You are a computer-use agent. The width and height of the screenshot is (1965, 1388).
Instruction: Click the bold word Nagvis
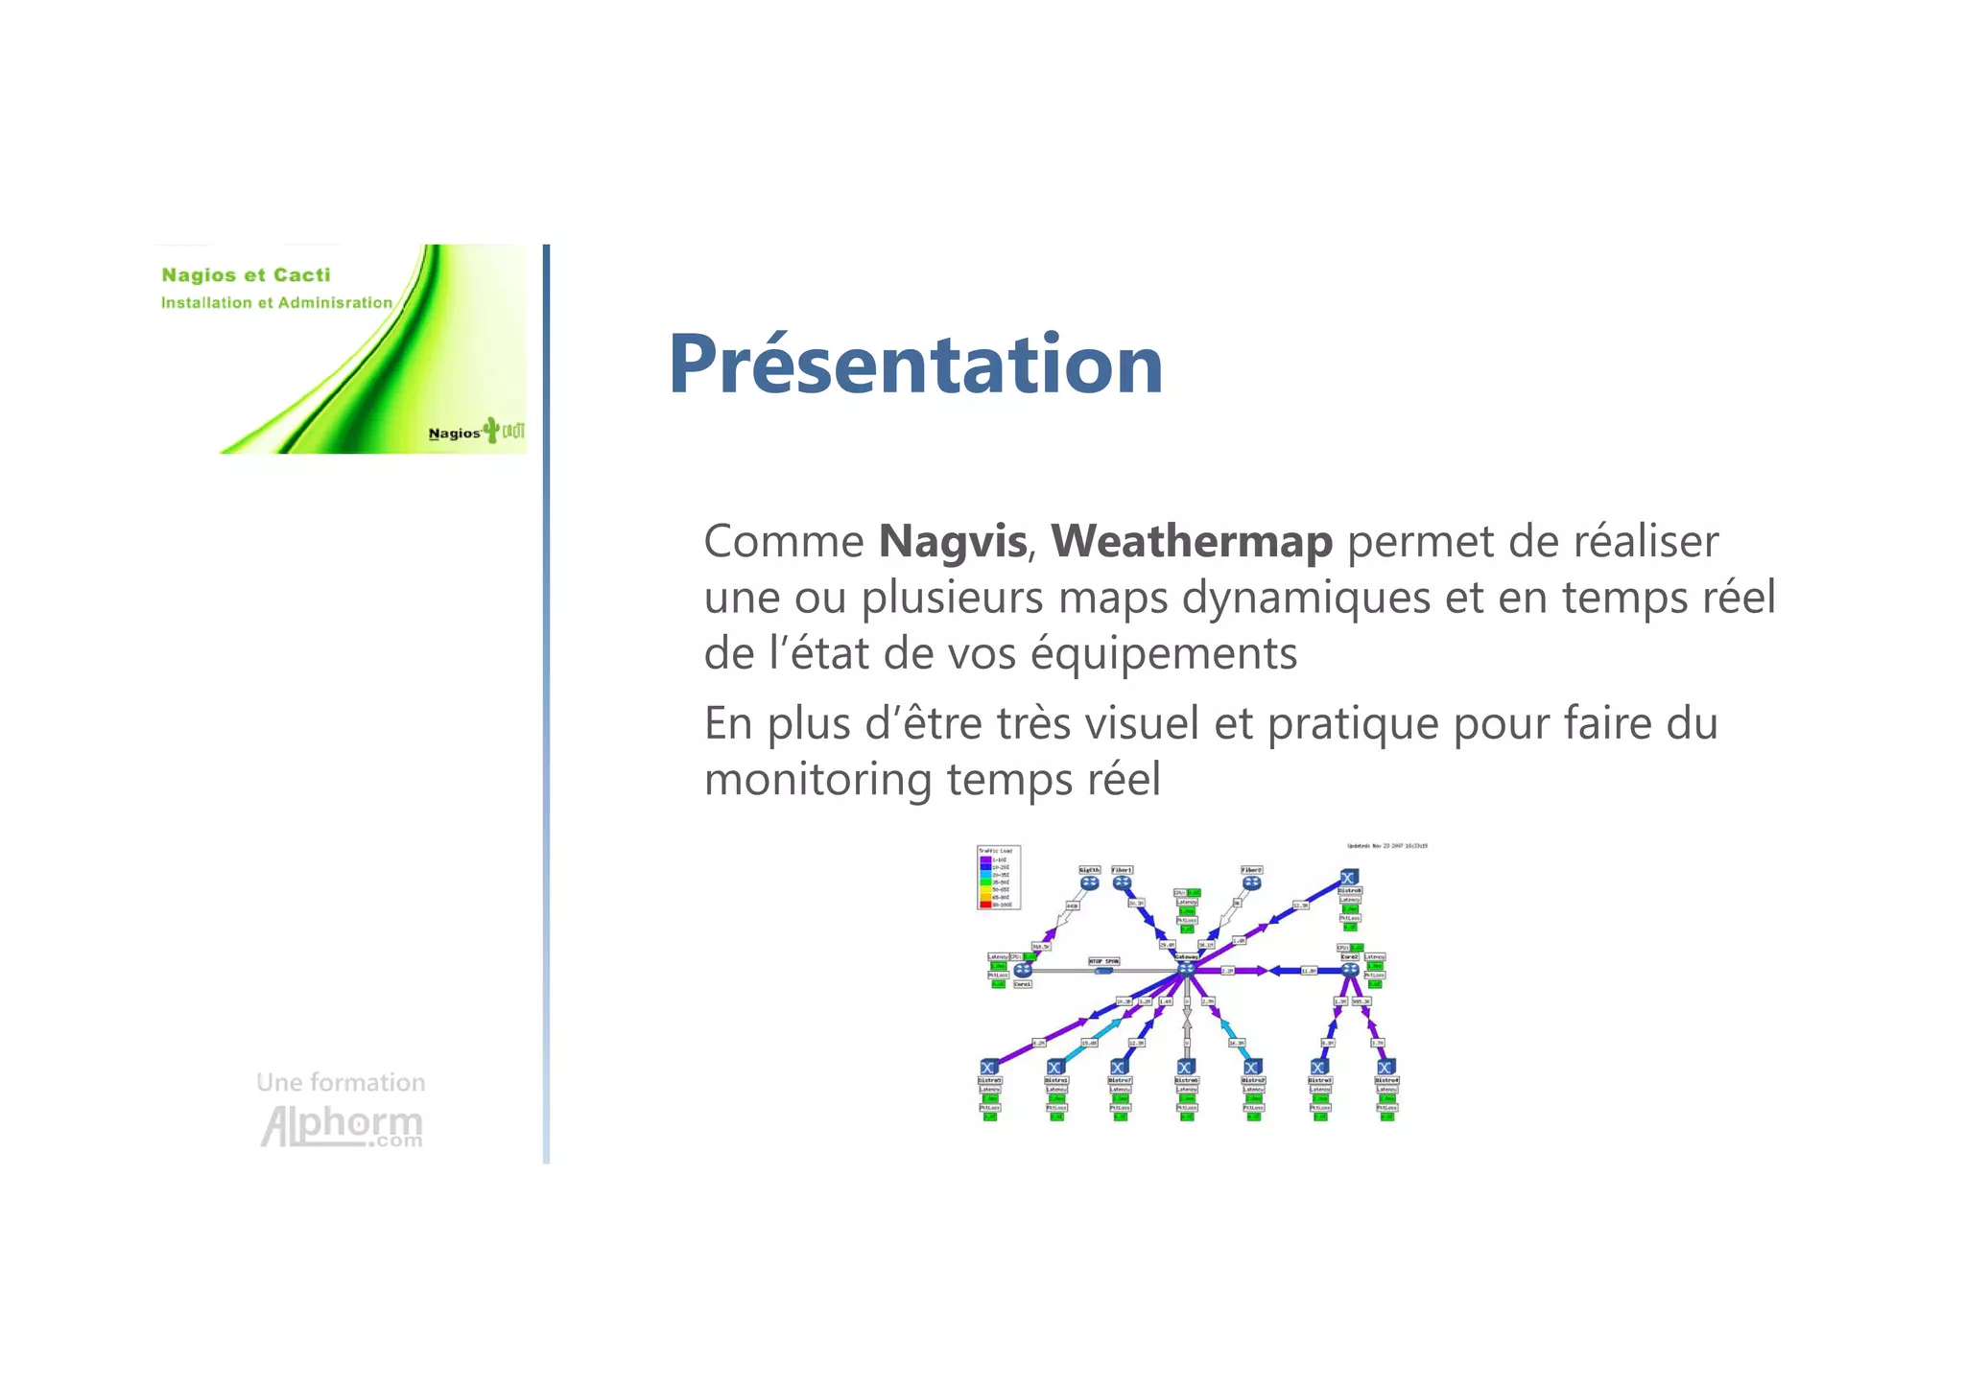click(x=952, y=542)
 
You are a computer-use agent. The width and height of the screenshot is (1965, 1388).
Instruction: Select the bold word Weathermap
click(x=1191, y=542)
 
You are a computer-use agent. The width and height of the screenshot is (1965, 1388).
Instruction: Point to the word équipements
click(x=1163, y=654)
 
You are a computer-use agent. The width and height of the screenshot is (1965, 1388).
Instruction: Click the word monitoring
click(x=817, y=779)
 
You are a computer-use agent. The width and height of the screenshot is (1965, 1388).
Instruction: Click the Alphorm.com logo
click(x=342, y=1126)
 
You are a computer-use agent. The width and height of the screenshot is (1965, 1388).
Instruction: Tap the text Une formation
click(x=341, y=1082)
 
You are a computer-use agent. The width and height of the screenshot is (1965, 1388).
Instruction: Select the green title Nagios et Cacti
click(x=246, y=275)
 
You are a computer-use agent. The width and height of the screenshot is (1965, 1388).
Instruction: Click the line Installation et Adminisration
click(x=276, y=303)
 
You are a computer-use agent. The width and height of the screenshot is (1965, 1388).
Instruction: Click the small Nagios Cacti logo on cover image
click(x=476, y=432)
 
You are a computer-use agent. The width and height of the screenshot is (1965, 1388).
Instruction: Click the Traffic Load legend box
click(x=998, y=877)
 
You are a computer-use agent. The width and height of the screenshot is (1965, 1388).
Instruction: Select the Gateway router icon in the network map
click(x=1187, y=969)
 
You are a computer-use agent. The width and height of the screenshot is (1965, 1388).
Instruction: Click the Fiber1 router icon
click(x=1122, y=882)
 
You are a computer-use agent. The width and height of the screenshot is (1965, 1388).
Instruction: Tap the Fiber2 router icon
click(x=1251, y=882)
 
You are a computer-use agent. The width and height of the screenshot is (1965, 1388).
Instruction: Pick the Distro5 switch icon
click(x=989, y=1067)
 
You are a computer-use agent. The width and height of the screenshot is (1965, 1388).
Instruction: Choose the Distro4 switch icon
click(x=1385, y=1067)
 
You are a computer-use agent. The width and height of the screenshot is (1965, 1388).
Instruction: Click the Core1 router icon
click(x=1023, y=970)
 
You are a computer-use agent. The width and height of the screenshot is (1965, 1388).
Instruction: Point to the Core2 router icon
click(x=1349, y=970)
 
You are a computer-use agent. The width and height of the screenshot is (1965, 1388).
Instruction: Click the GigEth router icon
click(x=1089, y=882)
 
